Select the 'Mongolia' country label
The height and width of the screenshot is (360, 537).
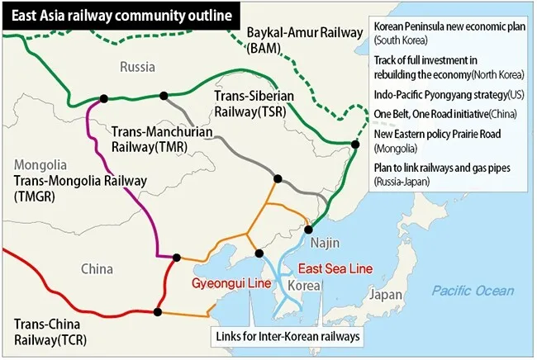point(34,163)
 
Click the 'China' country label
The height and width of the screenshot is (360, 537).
point(99,268)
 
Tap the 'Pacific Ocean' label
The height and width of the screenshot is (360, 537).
point(473,291)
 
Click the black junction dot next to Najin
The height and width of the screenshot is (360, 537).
point(308,230)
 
